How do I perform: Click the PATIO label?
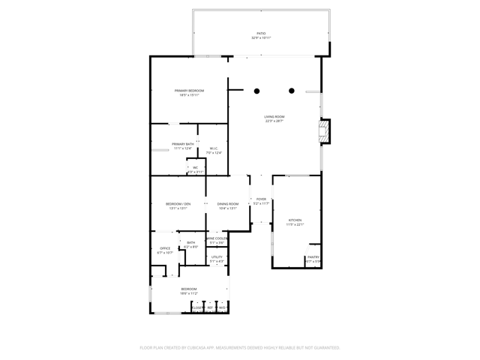pos(261,33)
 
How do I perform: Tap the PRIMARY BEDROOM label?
pos(189,91)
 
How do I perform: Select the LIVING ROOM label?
pos(274,116)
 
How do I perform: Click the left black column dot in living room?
pos(256,91)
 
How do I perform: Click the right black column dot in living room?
pos(292,91)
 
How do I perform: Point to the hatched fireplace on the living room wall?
pos(324,133)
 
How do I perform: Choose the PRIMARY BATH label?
pos(183,144)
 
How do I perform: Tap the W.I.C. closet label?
pos(214,148)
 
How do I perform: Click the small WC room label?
pos(195,167)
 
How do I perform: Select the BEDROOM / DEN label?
pos(178,204)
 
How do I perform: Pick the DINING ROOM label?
pos(228,204)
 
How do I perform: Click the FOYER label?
pos(261,199)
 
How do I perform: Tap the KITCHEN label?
pos(295,220)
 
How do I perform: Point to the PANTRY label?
pos(313,257)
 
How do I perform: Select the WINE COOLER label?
pos(217,238)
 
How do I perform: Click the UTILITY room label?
pos(217,257)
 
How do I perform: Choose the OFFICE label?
pos(165,248)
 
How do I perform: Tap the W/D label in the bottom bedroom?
pos(223,307)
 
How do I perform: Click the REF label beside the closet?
pos(210,307)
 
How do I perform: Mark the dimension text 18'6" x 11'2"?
pos(189,293)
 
